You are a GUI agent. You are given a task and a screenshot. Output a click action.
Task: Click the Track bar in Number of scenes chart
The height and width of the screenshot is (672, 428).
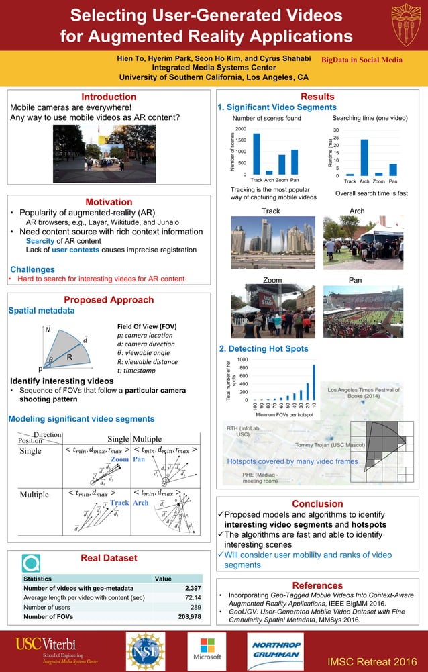(256, 154)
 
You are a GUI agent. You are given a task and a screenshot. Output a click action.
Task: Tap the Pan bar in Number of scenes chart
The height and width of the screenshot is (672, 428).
(295, 162)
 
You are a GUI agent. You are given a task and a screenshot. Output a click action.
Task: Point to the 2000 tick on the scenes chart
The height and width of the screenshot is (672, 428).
(240, 128)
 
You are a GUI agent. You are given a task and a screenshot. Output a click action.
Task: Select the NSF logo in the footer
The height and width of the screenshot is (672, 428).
(146, 651)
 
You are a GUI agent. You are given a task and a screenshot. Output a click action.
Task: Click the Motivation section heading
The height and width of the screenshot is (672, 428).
(109, 201)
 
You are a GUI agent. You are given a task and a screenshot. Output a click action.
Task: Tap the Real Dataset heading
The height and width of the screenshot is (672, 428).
(109, 558)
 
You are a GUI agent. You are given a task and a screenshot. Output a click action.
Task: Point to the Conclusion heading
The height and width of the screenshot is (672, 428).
(317, 503)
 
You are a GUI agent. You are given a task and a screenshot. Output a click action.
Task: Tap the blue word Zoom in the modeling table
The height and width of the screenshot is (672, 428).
(119, 459)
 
